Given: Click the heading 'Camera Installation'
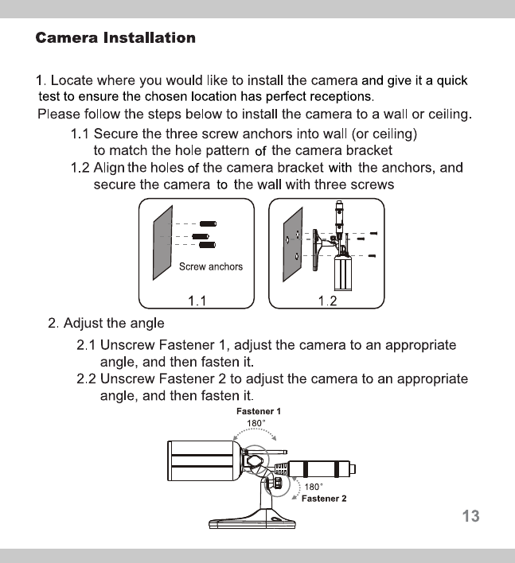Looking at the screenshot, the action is (x=115, y=38).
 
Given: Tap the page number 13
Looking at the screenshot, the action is (x=470, y=516).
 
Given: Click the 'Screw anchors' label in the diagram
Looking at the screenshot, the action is (x=211, y=266).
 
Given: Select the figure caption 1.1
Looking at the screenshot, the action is (x=197, y=301).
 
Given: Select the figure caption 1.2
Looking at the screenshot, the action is (x=327, y=301).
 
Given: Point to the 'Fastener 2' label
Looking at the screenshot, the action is (x=324, y=499).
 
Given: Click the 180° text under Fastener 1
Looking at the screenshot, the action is (x=256, y=423).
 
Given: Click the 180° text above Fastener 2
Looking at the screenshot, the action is (x=313, y=487).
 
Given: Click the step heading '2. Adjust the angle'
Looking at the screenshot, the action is (x=106, y=324).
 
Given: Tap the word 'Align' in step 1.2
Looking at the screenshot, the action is (x=109, y=168).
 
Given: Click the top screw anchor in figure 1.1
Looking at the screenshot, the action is (x=209, y=224).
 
